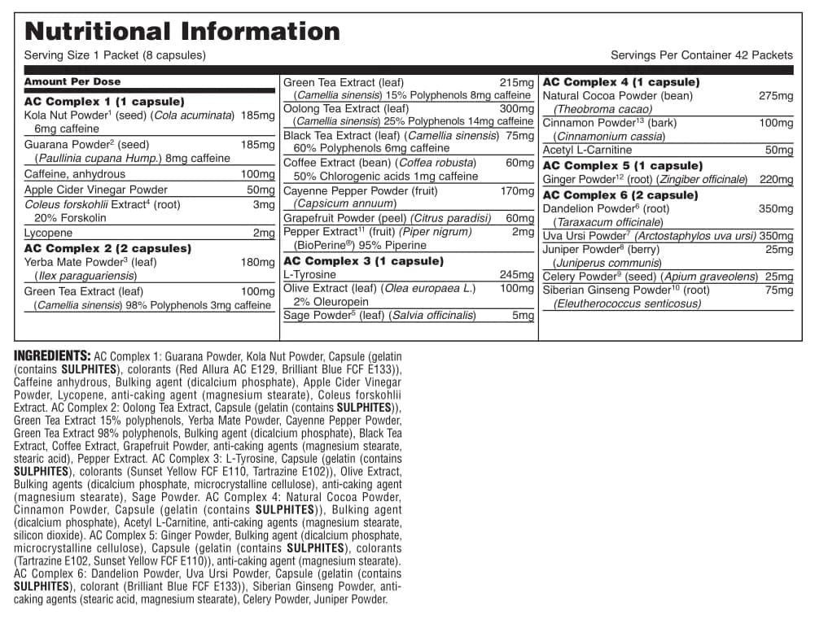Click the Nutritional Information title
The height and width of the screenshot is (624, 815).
182,31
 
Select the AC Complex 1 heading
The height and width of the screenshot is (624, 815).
104,102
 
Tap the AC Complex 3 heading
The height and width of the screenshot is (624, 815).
363,261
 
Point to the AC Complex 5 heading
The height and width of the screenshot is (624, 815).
622,166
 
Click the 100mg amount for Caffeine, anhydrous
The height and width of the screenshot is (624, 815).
258,174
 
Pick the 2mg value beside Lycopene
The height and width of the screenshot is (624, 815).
264,233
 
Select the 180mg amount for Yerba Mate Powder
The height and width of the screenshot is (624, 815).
258,262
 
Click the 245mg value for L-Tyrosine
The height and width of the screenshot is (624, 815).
517,275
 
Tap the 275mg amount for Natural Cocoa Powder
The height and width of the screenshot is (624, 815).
775,96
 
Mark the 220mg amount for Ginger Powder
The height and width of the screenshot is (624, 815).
775,180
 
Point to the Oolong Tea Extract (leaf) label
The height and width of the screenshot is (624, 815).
346,108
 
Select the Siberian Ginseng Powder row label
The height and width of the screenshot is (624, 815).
626,290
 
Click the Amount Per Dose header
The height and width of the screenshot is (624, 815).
72,81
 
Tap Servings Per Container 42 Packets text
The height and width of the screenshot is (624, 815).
701,55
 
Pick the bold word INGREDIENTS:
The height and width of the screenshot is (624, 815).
52,356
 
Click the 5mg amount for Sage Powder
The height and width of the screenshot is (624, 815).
524,316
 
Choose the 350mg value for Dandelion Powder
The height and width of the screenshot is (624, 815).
775,209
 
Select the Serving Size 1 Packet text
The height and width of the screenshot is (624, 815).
115,55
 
